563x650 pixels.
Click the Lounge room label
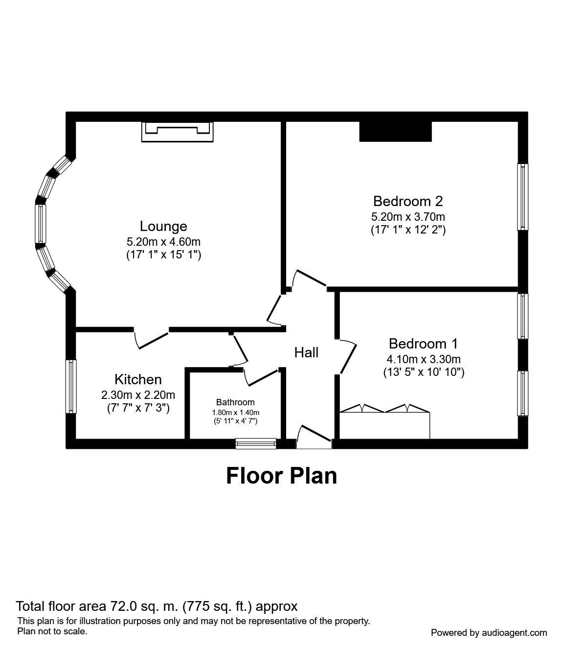point(163,226)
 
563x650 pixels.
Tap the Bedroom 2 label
point(407,201)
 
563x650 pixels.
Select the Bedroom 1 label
point(423,343)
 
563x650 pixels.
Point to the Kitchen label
point(138,379)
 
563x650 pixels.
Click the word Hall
point(306,352)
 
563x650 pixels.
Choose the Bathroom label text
point(235,402)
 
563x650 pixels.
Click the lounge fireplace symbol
point(177,131)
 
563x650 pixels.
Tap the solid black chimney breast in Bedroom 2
point(395,131)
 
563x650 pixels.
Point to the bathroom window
point(256,443)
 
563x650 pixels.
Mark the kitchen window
point(71,386)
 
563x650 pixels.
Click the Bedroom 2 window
point(522,196)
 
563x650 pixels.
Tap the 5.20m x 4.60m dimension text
point(163,241)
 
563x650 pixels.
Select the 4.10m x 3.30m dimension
point(423,359)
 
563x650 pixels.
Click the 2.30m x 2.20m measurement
point(138,395)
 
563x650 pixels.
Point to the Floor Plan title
point(281,476)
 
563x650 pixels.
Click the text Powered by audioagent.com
point(489,632)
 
